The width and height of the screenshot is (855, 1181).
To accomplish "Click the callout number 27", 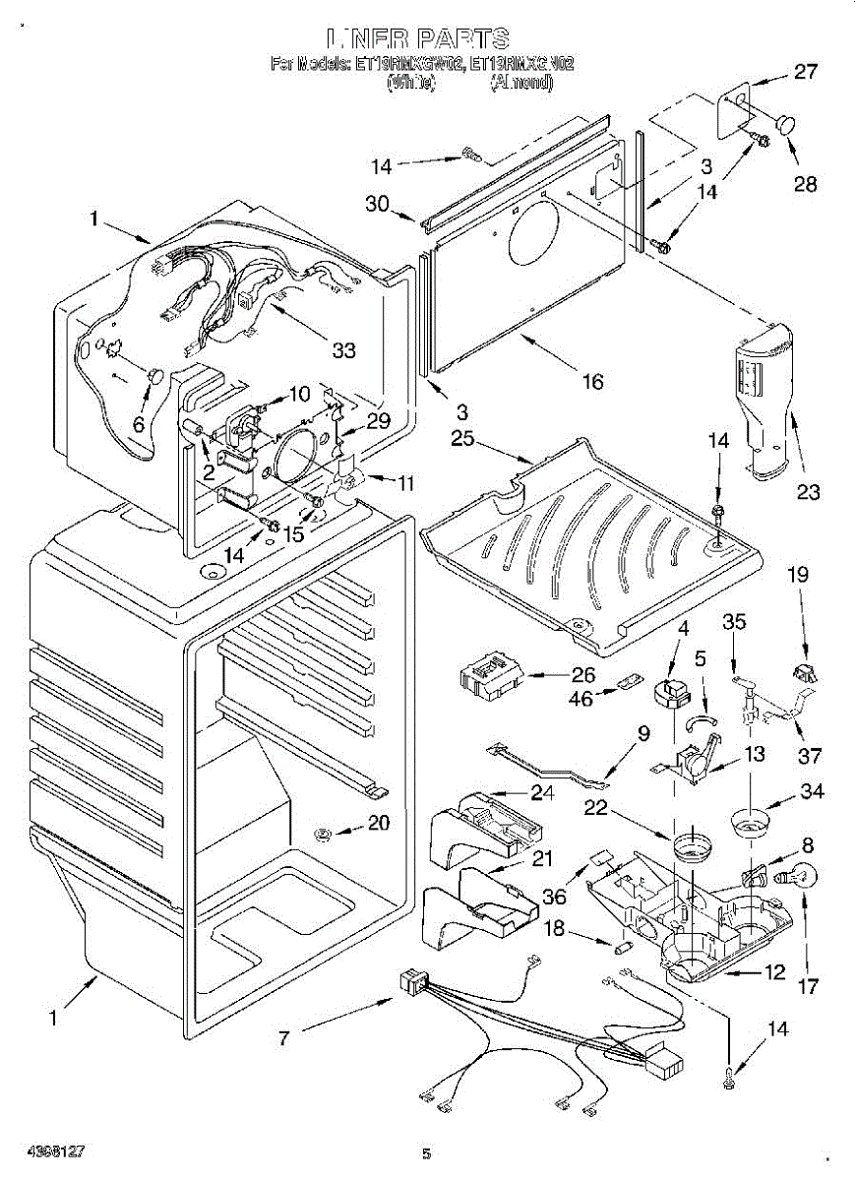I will (806, 71).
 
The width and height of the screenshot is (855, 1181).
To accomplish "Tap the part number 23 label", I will (808, 492).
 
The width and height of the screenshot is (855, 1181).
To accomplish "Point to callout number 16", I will (592, 382).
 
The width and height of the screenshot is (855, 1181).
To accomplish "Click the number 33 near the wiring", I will (342, 348).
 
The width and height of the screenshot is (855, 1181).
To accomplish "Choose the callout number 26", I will (583, 675).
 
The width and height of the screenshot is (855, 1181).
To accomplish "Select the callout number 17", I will (808, 985).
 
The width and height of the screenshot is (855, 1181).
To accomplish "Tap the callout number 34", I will (813, 791).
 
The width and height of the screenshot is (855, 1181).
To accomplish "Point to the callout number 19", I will (797, 573).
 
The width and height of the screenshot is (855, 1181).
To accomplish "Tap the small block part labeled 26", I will (490, 679).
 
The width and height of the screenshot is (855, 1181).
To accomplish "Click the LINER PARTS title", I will (420, 39).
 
